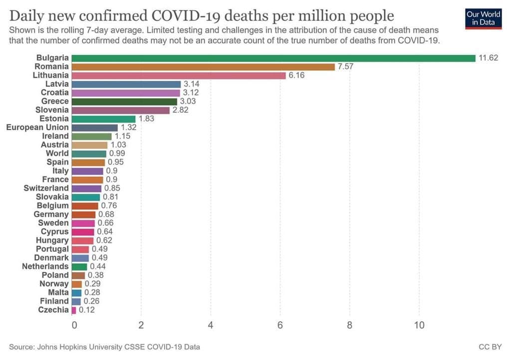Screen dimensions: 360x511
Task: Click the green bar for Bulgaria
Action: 273,58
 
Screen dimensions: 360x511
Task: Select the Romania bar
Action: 203,67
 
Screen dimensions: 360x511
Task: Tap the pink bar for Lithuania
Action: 178,75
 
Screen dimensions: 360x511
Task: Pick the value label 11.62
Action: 488,58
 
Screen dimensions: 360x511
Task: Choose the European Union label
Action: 37,127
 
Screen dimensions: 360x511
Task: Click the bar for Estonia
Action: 103,119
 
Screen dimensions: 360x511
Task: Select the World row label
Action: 57,153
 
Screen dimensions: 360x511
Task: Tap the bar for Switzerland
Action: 86,188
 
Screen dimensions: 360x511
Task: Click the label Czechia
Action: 53,310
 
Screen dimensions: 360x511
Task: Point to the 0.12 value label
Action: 86,310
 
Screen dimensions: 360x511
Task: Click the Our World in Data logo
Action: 483,18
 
